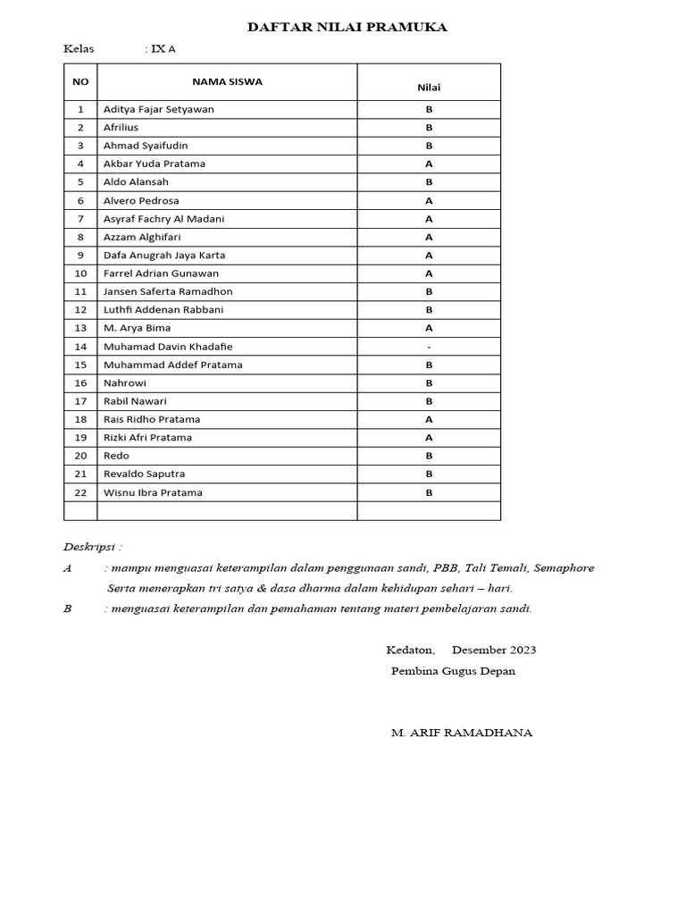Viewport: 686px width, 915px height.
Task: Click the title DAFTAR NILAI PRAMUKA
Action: tap(347, 28)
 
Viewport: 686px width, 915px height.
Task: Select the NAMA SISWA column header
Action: tap(227, 81)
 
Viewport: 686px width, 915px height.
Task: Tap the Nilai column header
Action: tap(429, 88)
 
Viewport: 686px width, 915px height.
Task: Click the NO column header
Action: tap(80, 81)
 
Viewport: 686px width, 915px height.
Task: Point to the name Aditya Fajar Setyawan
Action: tap(158, 109)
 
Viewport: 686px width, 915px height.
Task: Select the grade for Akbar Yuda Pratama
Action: tap(429, 164)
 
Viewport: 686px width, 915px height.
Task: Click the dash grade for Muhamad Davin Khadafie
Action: tap(429, 346)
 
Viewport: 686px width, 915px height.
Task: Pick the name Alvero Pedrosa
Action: tap(141, 200)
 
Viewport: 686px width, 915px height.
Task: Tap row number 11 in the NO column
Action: tap(80, 291)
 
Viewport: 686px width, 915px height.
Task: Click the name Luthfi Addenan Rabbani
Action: tap(163, 309)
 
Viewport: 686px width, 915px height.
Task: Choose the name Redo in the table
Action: tap(116, 456)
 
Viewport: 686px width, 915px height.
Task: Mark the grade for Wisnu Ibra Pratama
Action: tap(429, 492)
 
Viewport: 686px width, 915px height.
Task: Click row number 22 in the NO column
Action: tap(80, 492)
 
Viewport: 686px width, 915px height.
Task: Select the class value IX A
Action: tap(163, 49)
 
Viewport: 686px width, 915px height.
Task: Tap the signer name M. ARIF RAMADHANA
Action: tap(461, 733)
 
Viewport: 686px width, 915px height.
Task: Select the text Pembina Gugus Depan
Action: tap(453, 671)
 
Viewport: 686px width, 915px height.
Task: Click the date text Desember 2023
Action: tap(494, 650)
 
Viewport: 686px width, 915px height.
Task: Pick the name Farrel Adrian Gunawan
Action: tap(161, 273)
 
